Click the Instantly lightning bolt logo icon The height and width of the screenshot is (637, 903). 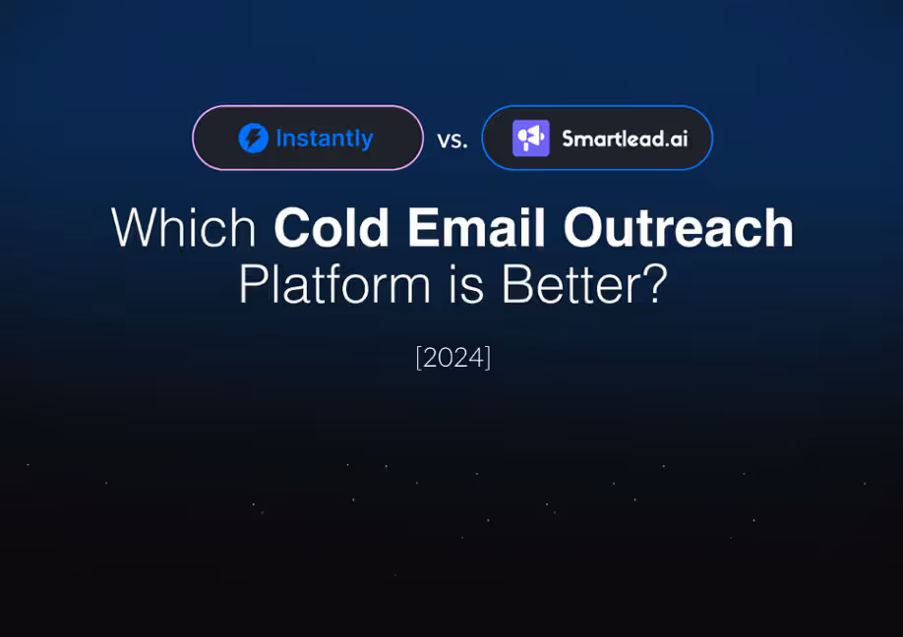click(x=253, y=138)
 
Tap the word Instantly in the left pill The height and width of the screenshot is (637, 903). click(x=325, y=138)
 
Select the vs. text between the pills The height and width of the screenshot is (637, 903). click(x=452, y=140)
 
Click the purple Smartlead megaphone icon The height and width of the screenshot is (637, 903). click(x=531, y=138)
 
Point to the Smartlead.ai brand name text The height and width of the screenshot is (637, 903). click(x=625, y=138)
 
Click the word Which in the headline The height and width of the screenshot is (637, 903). click(x=184, y=228)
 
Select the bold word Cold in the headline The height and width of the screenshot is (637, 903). click(x=332, y=228)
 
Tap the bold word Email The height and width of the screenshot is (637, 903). click(x=477, y=228)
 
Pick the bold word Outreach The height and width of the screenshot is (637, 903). click(x=679, y=228)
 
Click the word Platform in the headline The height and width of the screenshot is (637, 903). click(x=334, y=284)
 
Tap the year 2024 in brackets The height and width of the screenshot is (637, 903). click(x=453, y=357)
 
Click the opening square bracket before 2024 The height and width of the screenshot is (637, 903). click(x=419, y=357)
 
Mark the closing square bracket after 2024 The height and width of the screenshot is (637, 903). click(x=488, y=357)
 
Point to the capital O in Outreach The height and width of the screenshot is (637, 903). click(x=585, y=228)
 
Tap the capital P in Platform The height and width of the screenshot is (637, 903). click(x=252, y=284)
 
